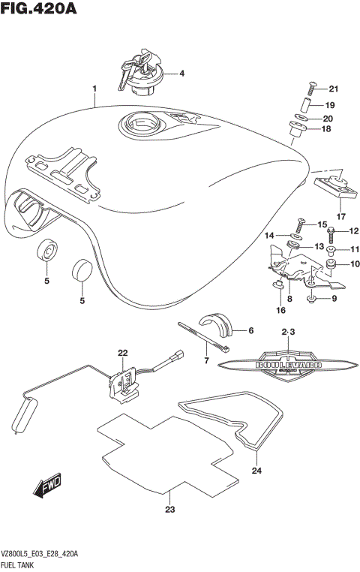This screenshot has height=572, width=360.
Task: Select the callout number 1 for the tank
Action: click(x=94, y=89)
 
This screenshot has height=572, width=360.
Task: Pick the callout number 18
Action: click(x=326, y=130)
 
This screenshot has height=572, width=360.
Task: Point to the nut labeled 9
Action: click(x=312, y=300)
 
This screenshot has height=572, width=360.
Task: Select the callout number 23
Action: click(x=169, y=510)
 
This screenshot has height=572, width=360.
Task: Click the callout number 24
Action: click(x=257, y=471)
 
